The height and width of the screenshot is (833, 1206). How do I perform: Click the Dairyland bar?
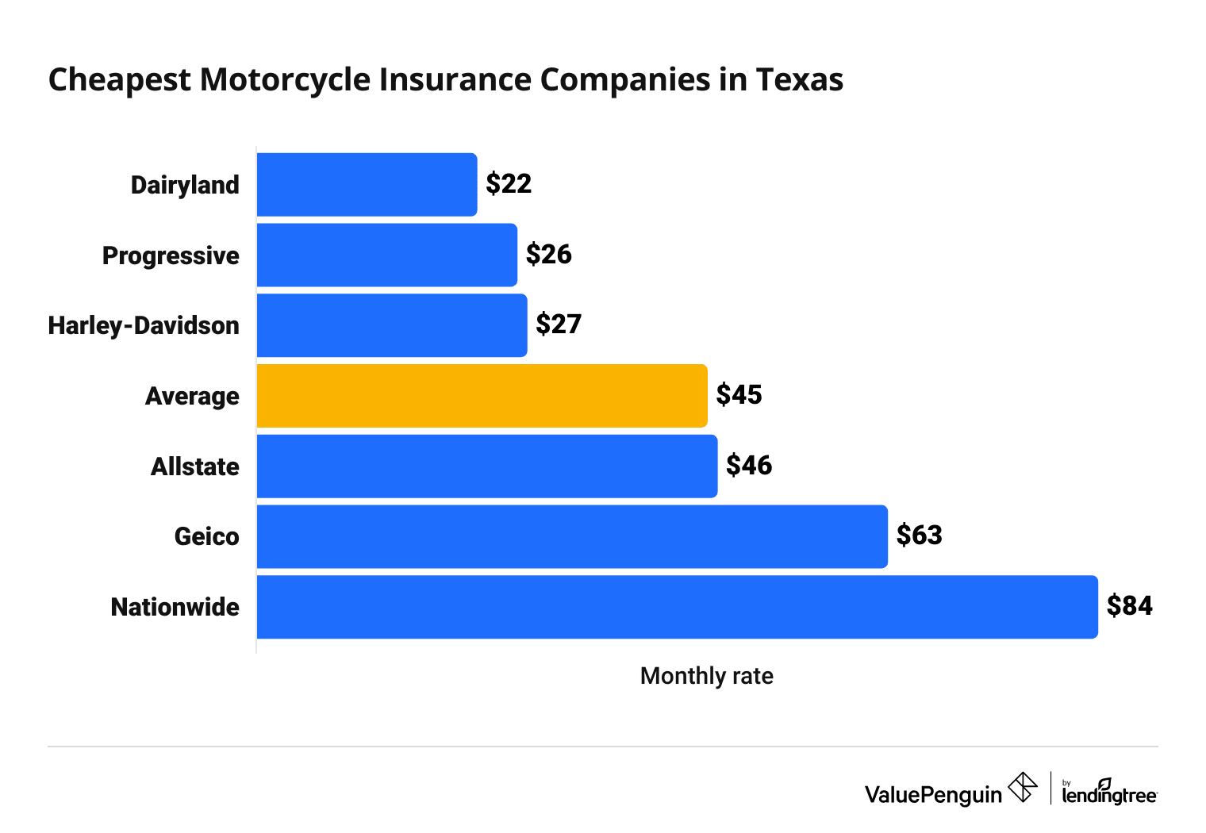coord(367,185)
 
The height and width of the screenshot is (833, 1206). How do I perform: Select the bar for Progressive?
coord(386,255)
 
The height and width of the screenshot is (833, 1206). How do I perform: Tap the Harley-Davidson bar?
coord(392,325)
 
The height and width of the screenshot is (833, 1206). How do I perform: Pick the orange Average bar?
coord(482,396)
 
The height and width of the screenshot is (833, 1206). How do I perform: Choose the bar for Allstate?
coord(487,466)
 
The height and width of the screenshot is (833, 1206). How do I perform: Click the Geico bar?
coord(572,536)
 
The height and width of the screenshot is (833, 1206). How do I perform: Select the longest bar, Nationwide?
coord(677,607)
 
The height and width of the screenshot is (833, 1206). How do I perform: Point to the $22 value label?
coord(509,184)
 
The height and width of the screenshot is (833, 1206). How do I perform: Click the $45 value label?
coord(739,395)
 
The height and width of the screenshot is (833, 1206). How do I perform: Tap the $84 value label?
coord(1129,606)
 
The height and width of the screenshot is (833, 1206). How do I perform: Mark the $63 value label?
coord(919,535)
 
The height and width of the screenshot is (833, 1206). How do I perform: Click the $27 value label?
coord(559,324)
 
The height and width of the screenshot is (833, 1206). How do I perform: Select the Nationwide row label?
coord(175,607)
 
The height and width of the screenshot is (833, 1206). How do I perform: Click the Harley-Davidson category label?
coord(144,325)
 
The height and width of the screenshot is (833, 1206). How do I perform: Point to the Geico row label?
coord(206,537)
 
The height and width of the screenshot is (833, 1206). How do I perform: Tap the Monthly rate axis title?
coord(706,676)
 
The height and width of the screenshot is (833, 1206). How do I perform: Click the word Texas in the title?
coord(799,80)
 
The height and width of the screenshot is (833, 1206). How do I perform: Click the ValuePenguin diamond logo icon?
coord(1022,788)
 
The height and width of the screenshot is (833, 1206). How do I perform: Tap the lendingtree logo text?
coord(1109,793)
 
